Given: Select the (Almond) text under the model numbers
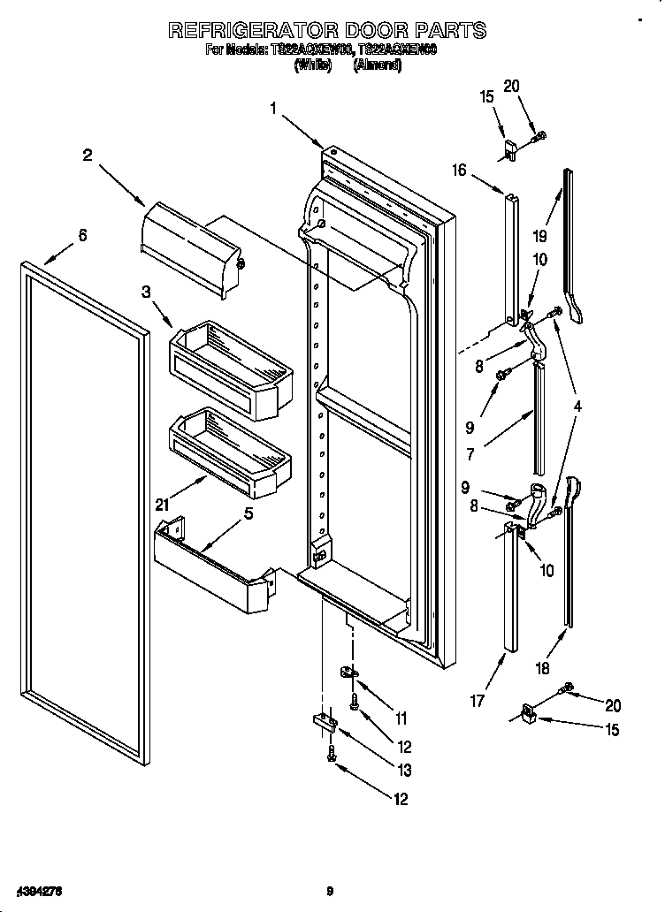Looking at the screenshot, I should point(378,66).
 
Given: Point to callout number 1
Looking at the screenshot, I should point(274,108).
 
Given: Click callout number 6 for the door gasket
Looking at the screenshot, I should point(82,235).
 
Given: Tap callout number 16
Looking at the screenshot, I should point(459,171).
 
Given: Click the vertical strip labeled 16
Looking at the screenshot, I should point(512,256).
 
